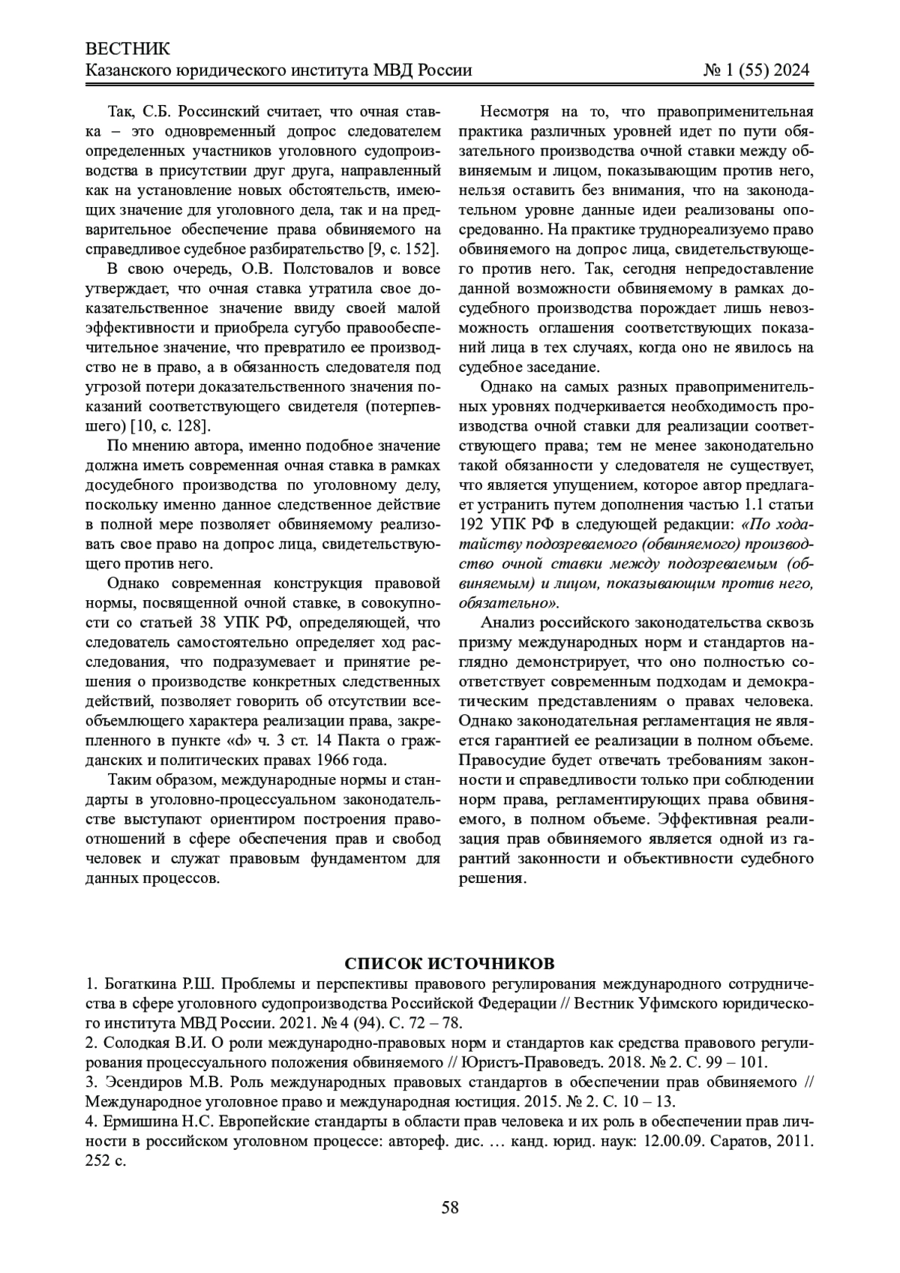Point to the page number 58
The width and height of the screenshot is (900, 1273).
450,1207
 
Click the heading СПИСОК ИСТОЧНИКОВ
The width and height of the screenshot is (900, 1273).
450,963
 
